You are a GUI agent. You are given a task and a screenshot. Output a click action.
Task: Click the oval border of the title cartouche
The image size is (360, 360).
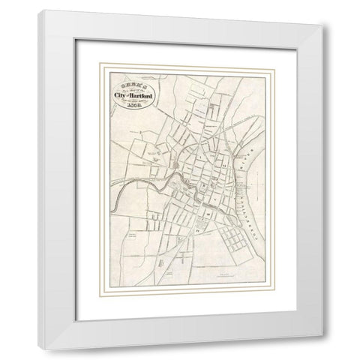106,93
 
